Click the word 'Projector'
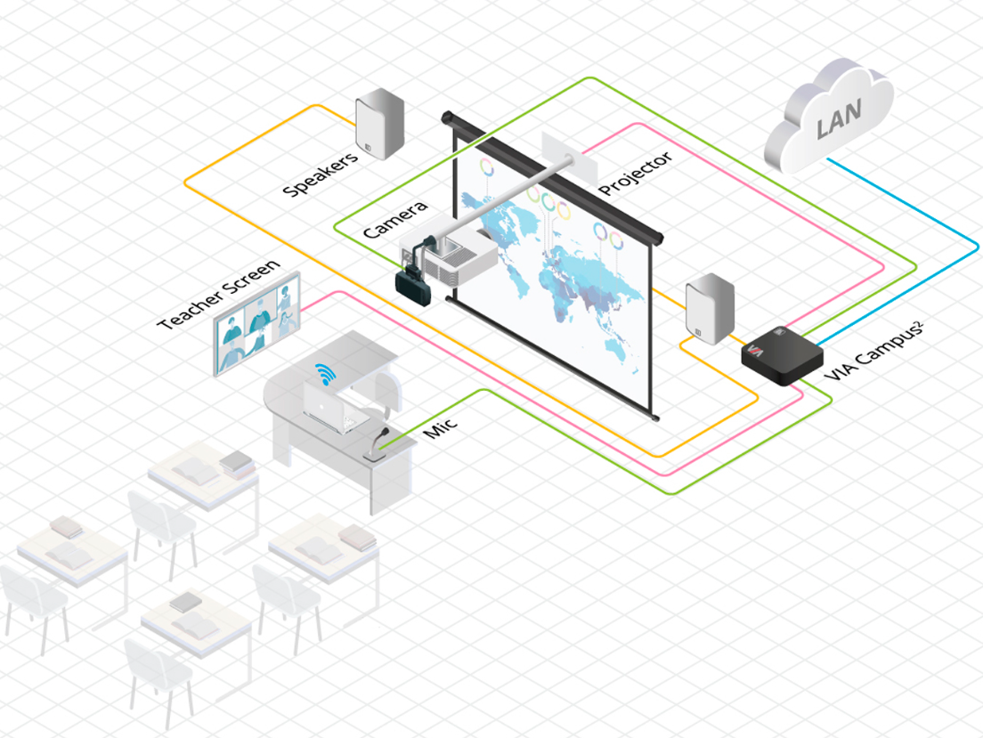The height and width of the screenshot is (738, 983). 635,174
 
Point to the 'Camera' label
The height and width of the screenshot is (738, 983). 395,218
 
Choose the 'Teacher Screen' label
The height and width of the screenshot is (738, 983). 218,295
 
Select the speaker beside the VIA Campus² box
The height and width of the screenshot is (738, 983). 709,311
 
